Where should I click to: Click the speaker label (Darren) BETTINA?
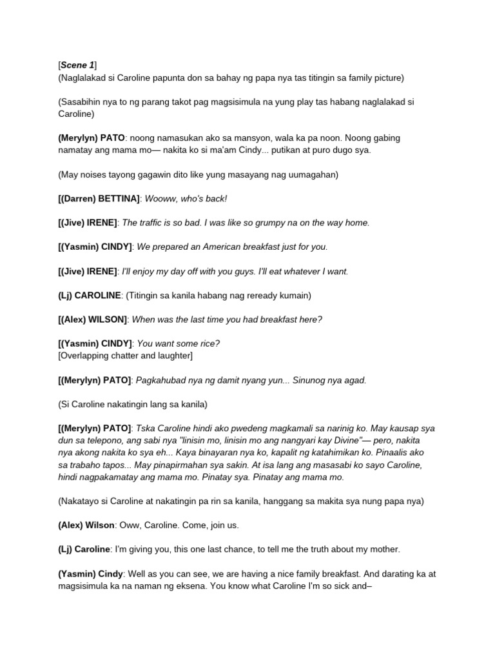pyautogui.click(x=99, y=198)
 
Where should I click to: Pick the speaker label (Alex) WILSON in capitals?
pyautogui.click(x=93, y=319)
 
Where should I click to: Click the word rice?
pyautogui.click(x=218, y=343)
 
